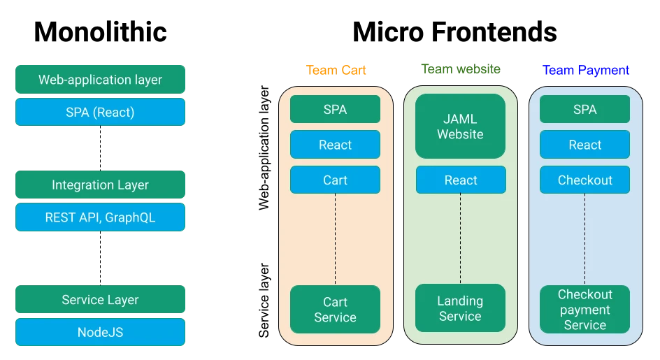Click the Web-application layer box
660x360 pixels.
pyautogui.click(x=100, y=80)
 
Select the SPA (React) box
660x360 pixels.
pyautogui.click(x=100, y=112)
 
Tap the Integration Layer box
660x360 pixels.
pyautogui.click(x=100, y=185)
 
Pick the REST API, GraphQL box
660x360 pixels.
pyautogui.click(x=100, y=217)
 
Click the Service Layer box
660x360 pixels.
pyautogui.click(x=100, y=300)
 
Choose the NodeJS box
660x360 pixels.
pyautogui.click(x=100, y=332)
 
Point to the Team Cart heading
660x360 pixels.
pyautogui.click(x=336, y=70)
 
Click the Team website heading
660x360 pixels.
pyautogui.click(x=461, y=69)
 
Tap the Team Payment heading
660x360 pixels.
pyautogui.click(x=586, y=70)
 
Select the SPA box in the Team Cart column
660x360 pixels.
pyautogui.click(x=336, y=109)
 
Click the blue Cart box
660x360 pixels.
pyautogui.click(x=336, y=180)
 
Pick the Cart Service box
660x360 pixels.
pyautogui.click(x=336, y=309)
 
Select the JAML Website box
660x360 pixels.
pyautogui.click(x=461, y=126)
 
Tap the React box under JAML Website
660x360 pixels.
pyautogui.click(x=461, y=180)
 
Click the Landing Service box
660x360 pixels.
pyautogui.click(x=461, y=308)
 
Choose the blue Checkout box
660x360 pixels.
pyautogui.click(x=585, y=180)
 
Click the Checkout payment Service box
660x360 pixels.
pyautogui.click(x=585, y=309)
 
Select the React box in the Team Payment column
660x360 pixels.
pyautogui.click(x=585, y=145)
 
